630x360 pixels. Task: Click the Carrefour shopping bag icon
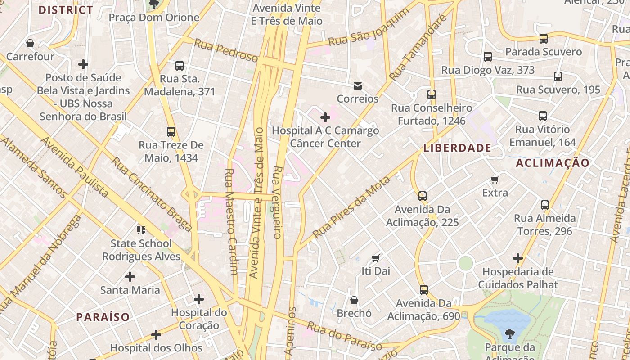click(x=30, y=43)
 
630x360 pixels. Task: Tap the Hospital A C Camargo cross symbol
click(x=325, y=117)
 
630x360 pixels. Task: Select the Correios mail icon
click(x=358, y=85)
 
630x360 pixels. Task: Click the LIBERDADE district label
click(x=457, y=148)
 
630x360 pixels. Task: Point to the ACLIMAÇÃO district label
click(x=552, y=163)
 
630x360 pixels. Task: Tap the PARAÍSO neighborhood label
click(x=103, y=317)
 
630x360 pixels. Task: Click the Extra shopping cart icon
click(x=495, y=180)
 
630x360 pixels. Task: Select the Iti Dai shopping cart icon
click(x=376, y=258)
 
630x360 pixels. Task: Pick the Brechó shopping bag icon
click(x=354, y=300)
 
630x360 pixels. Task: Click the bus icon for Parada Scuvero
click(x=544, y=39)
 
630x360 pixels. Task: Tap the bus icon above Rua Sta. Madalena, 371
click(x=180, y=66)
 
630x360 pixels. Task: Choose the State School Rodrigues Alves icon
click(x=141, y=230)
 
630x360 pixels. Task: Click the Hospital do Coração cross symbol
click(x=199, y=299)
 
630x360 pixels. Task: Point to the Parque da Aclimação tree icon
click(x=509, y=334)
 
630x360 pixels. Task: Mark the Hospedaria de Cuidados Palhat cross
click(x=518, y=258)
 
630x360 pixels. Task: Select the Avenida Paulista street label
click(x=74, y=167)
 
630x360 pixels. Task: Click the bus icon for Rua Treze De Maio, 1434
click(x=171, y=132)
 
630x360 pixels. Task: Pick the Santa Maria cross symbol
click(x=130, y=276)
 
